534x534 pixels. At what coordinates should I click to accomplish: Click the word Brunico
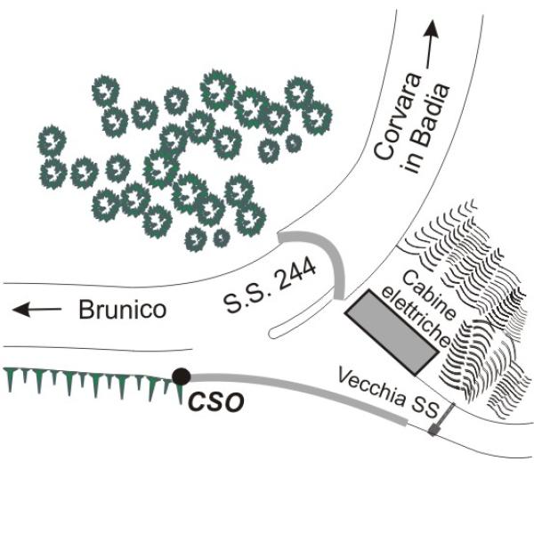(x=123, y=309)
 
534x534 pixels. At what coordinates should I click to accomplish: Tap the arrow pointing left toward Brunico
(x=36, y=309)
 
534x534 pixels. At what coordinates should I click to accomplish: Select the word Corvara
(x=399, y=116)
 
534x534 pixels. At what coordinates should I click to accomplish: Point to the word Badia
(x=430, y=113)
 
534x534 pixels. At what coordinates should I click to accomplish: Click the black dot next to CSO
(x=182, y=376)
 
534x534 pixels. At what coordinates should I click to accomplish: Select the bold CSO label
(x=216, y=402)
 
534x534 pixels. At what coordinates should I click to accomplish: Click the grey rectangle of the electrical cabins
(x=392, y=333)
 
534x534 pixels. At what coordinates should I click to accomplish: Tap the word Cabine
(x=428, y=295)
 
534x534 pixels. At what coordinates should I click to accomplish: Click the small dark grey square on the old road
(x=433, y=430)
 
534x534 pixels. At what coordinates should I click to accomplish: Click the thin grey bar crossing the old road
(x=444, y=416)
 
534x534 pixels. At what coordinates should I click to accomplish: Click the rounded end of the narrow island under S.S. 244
(x=273, y=333)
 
